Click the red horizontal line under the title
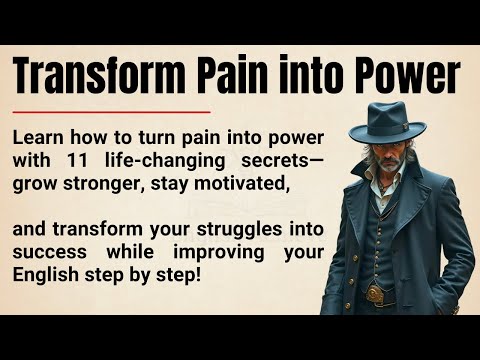(x=113, y=112)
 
